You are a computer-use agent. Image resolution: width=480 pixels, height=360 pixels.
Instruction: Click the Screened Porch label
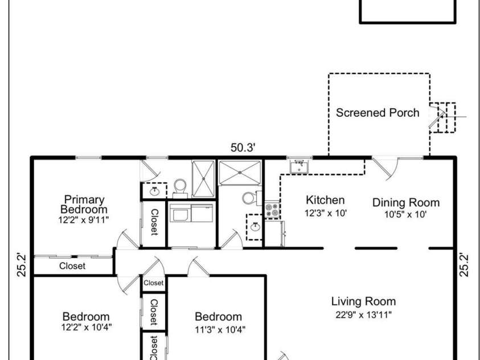tap(378, 113)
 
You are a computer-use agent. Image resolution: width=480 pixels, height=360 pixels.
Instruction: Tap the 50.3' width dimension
tap(243, 148)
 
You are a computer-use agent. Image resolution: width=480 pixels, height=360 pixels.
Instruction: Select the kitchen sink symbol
tap(299, 167)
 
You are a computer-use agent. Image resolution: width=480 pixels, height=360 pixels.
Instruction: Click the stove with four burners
tap(272, 210)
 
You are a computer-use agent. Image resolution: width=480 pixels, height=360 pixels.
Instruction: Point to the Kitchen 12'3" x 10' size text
tap(325, 213)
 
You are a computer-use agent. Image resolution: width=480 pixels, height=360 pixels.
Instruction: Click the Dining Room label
tap(406, 203)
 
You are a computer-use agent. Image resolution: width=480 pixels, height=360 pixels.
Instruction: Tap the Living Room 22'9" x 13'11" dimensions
tap(363, 314)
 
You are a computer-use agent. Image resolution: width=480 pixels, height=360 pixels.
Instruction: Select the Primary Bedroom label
tap(84, 204)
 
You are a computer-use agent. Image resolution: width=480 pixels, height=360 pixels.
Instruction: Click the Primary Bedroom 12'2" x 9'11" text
tap(84, 220)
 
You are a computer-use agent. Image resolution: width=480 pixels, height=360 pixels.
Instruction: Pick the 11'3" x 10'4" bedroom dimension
tap(220, 330)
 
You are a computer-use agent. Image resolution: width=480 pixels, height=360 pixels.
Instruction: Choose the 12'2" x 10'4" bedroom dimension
tap(87, 327)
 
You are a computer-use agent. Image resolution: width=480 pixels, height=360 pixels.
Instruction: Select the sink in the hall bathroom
tap(255, 227)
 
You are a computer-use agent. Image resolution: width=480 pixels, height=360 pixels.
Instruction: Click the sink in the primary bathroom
tap(154, 191)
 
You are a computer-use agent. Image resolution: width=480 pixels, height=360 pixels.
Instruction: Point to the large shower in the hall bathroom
tap(240, 173)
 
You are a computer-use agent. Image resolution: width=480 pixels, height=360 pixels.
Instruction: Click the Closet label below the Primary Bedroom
tap(72, 265)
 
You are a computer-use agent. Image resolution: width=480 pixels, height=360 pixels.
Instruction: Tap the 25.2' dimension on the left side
tap(22, 265)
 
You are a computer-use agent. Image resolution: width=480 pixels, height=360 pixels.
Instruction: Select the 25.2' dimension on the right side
tap(464, 265)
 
